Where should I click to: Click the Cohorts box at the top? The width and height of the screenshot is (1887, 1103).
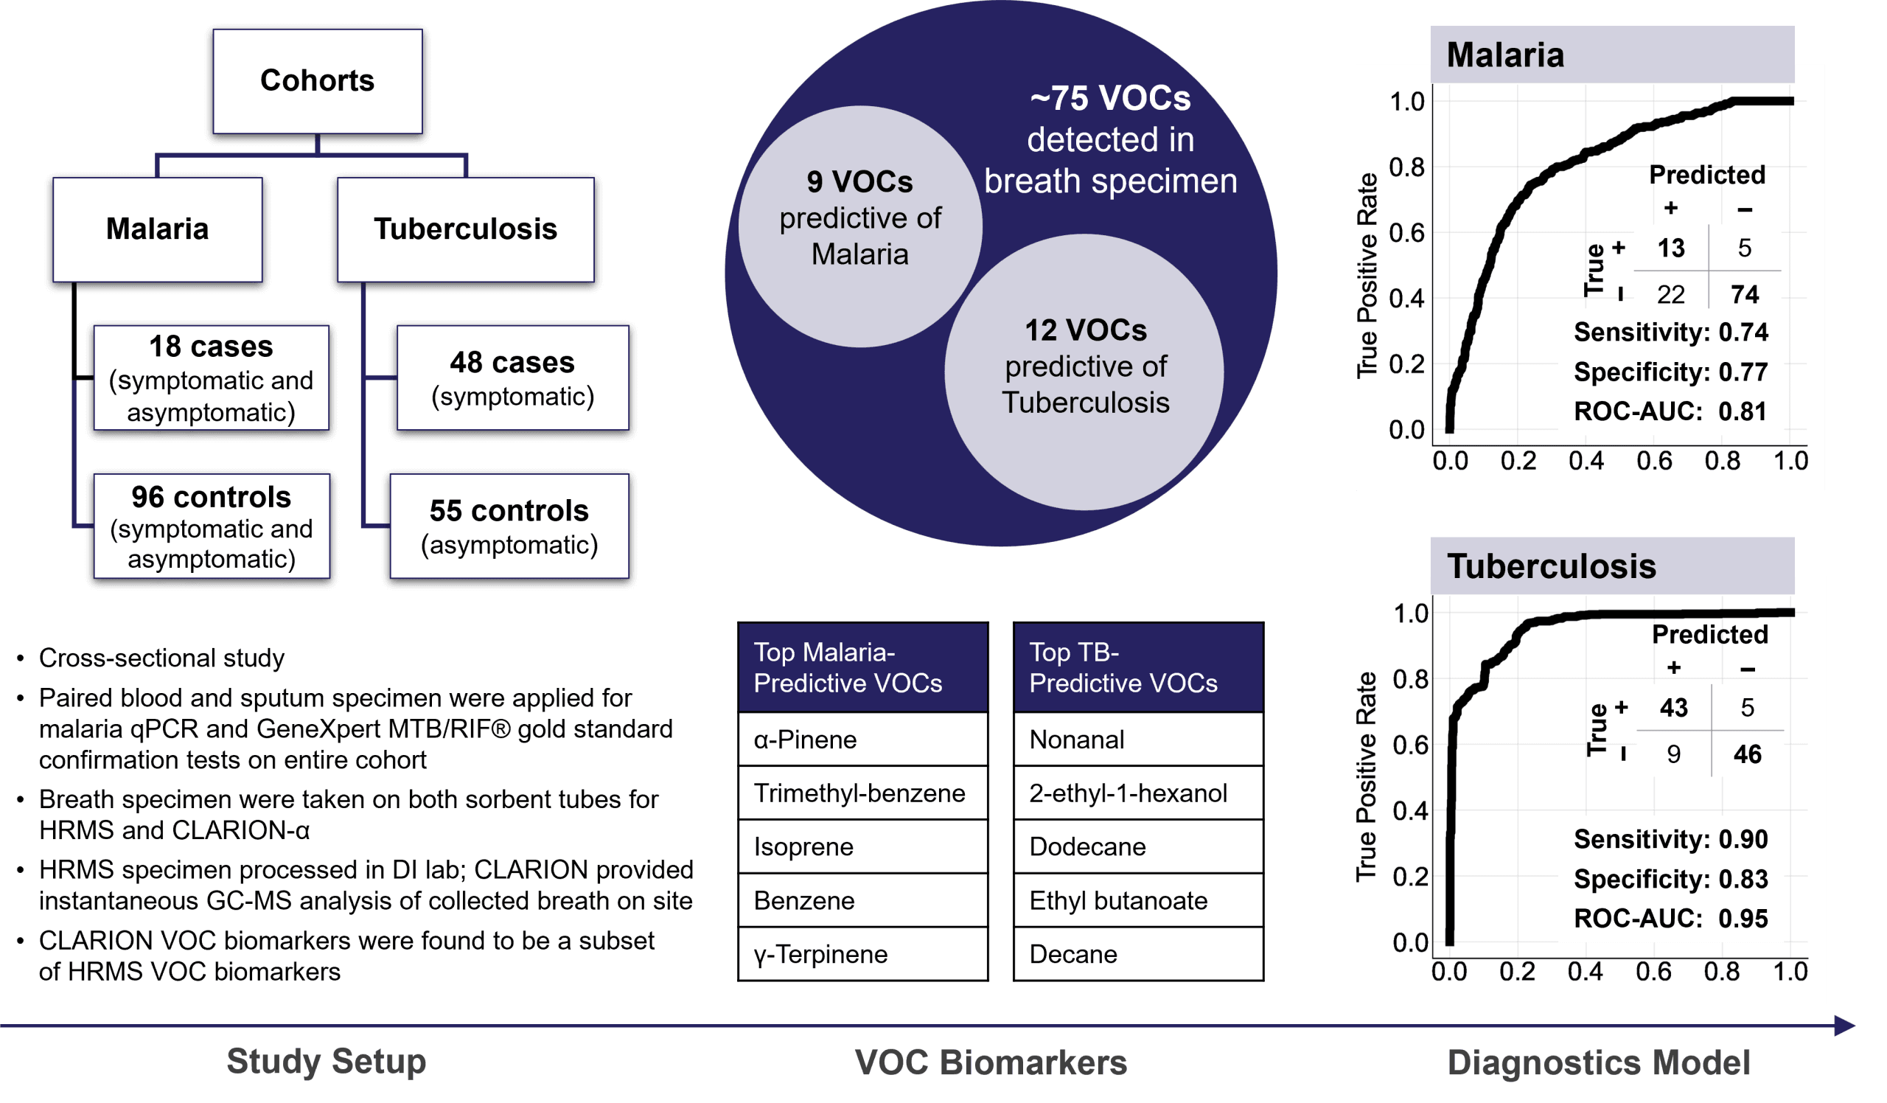point(318,82)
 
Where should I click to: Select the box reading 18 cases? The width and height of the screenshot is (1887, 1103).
point(211,378)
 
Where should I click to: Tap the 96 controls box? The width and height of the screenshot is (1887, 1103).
point(211,526)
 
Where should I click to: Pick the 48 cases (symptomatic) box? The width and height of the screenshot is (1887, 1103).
point(513,378)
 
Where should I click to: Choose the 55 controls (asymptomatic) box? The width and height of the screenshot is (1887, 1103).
point(509,526)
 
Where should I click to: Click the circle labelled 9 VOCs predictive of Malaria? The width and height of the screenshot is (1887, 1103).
point(860,226)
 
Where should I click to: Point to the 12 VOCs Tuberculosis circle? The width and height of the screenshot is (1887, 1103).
point(1085,372)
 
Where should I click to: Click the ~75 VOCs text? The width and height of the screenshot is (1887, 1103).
point(1111,98)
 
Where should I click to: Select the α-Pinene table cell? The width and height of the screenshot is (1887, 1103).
point(863,740)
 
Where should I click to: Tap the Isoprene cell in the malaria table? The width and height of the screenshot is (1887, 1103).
point(863,847)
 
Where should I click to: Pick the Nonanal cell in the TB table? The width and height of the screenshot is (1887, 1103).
point(1139,740)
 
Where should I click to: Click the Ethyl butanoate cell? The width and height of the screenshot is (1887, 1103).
point(1139,901)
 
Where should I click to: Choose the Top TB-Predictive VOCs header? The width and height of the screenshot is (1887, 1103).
point(1139,668)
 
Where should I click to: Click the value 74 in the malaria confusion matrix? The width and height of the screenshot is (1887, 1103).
point(1745,294)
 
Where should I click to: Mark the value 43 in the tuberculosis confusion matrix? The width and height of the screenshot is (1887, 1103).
point(1673,708)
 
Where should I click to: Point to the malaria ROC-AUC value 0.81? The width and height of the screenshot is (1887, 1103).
point(1743,412)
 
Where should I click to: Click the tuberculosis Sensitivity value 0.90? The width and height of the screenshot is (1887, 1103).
point(1743,840)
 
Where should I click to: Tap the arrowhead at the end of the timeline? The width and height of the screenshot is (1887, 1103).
point(1845,1026)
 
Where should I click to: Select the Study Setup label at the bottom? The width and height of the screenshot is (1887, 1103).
point(327,1062)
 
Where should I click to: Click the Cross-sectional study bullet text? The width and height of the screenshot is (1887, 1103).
point(161,658)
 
